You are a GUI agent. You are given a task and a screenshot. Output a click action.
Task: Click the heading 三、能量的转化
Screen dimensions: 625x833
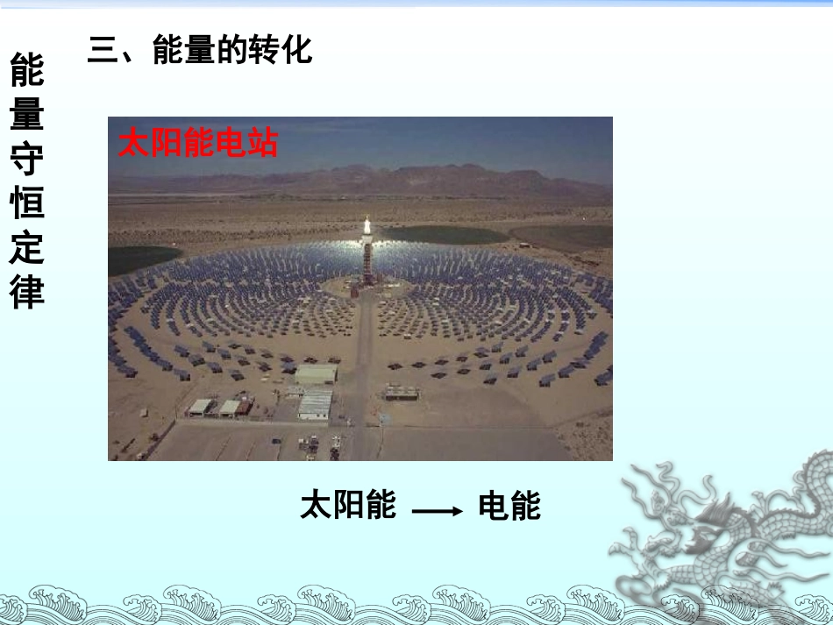point(200,51)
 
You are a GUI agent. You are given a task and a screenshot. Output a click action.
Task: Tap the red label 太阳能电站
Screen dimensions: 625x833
point(198,143)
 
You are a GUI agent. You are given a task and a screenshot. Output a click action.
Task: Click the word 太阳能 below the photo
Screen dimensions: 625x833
point(348,506)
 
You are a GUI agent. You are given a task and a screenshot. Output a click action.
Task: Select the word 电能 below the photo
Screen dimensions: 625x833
point(509,506)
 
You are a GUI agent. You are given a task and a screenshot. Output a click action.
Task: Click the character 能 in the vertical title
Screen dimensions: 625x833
point(27,71)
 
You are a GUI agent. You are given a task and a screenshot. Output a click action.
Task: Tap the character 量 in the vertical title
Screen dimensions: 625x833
point(27,116)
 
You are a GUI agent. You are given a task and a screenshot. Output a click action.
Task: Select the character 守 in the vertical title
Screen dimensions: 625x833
point(27,160)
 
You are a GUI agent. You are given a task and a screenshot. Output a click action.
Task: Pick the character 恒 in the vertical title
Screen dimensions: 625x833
point(27,204)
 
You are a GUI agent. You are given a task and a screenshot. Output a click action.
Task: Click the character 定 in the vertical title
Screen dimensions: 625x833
point(27,249)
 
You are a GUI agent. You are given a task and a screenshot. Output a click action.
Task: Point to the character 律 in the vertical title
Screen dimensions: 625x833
point(27,293)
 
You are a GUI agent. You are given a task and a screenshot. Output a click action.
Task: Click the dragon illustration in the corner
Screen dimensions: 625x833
point(728,535)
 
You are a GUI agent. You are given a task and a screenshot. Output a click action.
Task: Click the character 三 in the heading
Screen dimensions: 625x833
point(103,51)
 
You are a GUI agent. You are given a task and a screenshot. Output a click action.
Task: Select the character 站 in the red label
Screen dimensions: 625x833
point(261,143)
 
